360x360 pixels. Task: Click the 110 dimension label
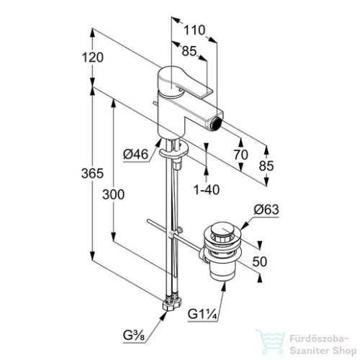[194, 30]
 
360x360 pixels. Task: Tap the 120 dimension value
[93, 58]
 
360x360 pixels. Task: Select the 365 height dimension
[92, 174]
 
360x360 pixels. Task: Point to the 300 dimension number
[113, 194]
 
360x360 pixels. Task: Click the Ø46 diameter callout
[136, 154]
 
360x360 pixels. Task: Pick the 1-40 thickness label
[207, 189]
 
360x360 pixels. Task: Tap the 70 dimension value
[240, 155]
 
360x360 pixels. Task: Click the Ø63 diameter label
[266, 210]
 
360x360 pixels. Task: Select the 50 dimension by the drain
[260, 261]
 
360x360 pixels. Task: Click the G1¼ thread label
[202, 314]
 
